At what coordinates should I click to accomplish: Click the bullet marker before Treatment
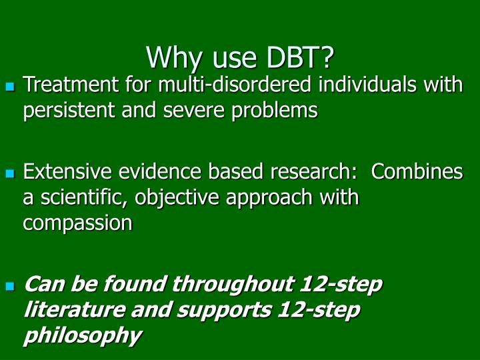(x=10, y=87)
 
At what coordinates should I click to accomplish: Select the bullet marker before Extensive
(x=10, y=173)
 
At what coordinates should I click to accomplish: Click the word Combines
(x=417, y=172)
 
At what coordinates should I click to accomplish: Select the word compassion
(x=78, y=223)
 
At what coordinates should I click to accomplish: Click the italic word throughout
(x=233, y=285)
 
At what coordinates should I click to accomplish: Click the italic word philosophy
(x=82, y=335)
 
